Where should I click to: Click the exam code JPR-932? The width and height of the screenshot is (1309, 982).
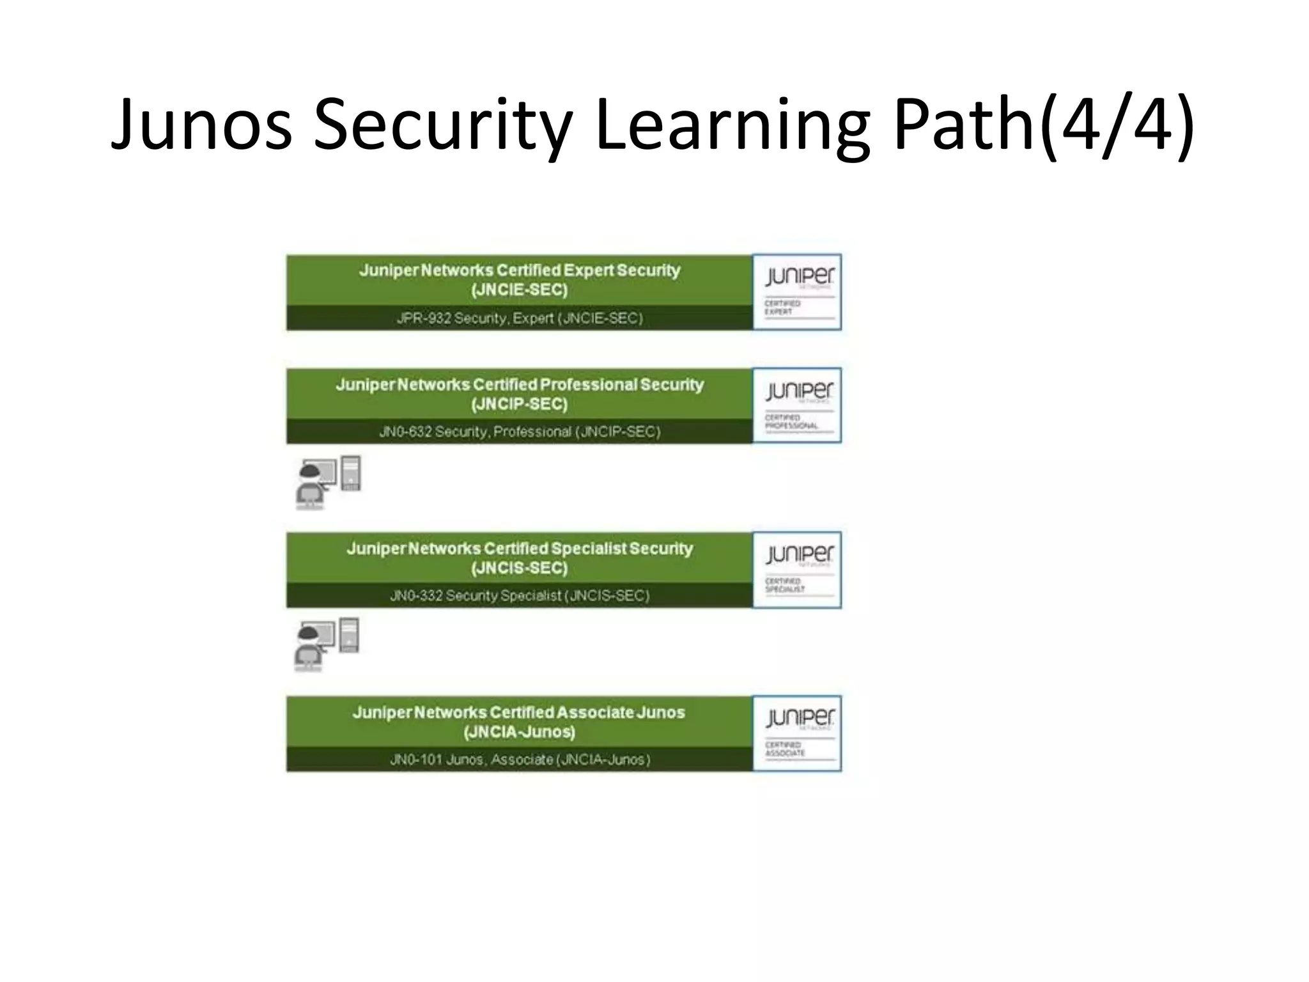coord(423,318)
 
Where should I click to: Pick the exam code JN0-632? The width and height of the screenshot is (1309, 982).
coord(405,432)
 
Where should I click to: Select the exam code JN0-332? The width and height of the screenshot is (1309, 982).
coord(416,596)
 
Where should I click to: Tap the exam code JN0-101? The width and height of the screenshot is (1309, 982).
coord(416,760)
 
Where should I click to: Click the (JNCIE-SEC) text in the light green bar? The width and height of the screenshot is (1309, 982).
coord(519,290)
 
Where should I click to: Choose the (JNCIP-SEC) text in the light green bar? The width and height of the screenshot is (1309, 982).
coord(519,404)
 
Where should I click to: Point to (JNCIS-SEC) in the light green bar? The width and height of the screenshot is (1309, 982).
coord(519,568)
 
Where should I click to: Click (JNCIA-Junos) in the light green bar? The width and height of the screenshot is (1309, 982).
coord(519,732)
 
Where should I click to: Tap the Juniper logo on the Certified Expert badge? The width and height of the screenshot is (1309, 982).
coord(799,276)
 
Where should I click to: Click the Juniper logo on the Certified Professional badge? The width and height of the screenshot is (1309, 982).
coord(799,390)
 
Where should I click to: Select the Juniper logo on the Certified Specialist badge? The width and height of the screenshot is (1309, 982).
coord(799,554)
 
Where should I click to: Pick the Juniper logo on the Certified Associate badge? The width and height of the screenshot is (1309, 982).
coord(799,718)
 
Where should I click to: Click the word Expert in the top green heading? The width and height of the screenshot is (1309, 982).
coord(588,270)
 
